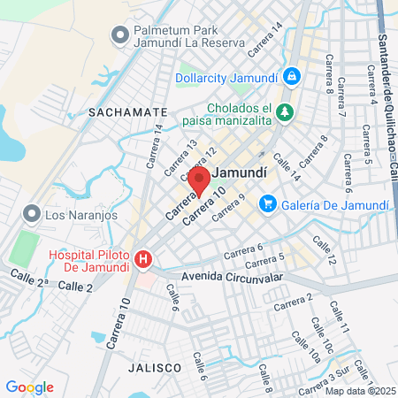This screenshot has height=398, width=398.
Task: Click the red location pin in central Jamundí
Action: [198, 181]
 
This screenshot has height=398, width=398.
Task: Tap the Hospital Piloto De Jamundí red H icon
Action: [143, 260]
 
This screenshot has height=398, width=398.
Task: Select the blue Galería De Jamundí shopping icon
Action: [266, 204]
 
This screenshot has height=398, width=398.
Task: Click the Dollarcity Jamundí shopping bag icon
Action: [290, 77]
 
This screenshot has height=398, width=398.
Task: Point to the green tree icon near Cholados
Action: [285, 111]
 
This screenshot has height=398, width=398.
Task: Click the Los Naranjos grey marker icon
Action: [33, 214]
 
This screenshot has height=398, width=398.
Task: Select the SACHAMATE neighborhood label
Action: [127, 112]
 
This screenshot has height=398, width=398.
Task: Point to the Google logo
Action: [29, 387]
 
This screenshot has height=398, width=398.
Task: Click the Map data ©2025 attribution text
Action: [359, 391]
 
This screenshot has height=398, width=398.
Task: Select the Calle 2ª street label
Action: [29, 279]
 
